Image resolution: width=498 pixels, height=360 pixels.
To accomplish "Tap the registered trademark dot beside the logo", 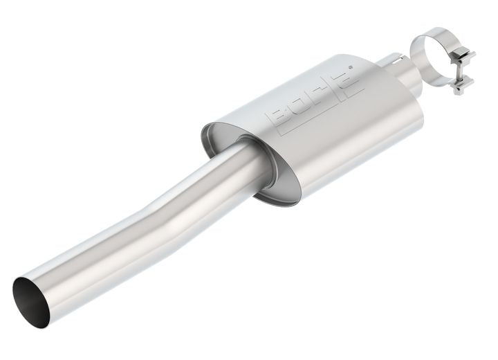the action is pos(351,67).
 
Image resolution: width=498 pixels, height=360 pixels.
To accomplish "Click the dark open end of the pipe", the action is pos(31,303).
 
